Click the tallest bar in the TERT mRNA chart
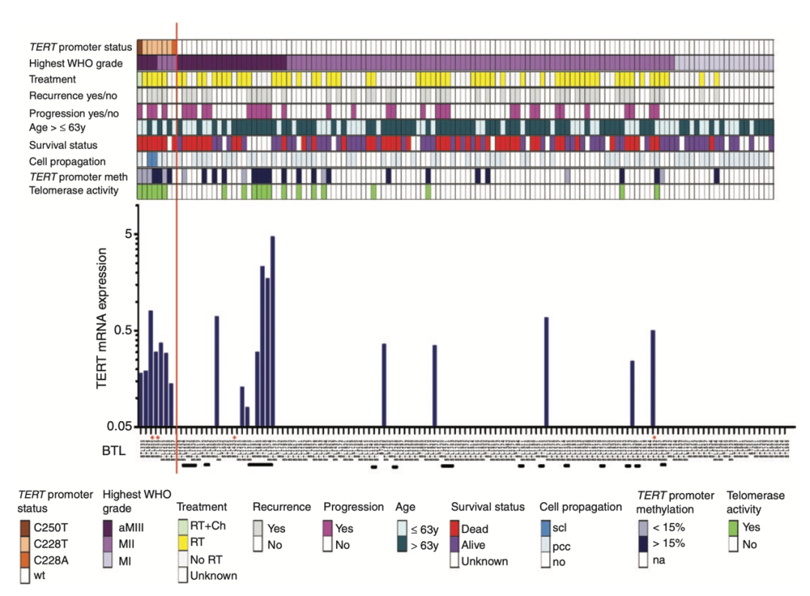pos(273,330)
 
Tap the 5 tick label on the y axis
pos(127,234)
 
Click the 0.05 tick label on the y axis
pos(118,426)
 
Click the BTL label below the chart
pos(114,451)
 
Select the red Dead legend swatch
pos(455,528)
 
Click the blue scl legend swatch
pos(545,528)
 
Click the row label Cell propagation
pos(67,161)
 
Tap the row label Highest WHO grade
pos(77,62)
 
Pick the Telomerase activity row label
pos(74,191)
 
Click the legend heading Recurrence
pos(281,507)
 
